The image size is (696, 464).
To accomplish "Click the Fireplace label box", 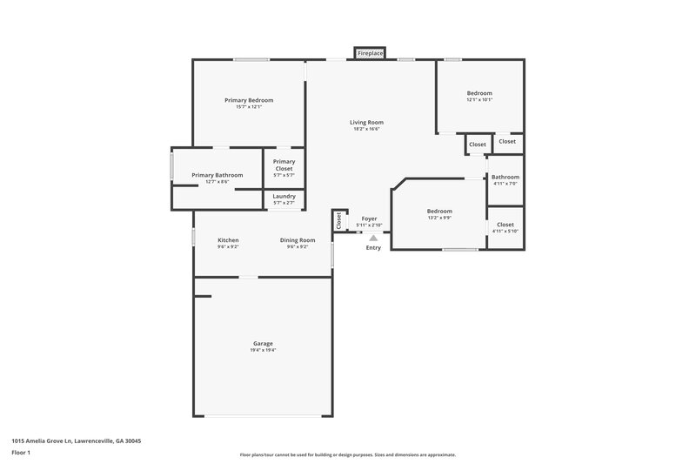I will click(x=371, y=54).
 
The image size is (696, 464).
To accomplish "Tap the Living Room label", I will click(x=367, y=123).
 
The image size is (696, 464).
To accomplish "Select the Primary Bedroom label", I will click(x=248, y=100).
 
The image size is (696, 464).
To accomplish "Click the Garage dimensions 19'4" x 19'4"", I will click(x=263, y=350).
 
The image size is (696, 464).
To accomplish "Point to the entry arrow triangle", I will click(x=373, y=236).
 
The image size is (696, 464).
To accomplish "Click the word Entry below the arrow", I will click(x=373, y=248).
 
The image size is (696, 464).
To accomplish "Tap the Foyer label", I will click(x=370, y=219).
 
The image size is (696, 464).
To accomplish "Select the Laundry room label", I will click(x=284, y=197).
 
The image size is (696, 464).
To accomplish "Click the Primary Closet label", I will click(x=284, y=165).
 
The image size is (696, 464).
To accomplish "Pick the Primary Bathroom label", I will click(x=217, y=175).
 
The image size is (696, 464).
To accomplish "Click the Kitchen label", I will click(x=228, y=240).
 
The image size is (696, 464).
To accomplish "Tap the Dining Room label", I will click(x=298, y=240).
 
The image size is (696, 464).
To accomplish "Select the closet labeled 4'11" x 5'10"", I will click(x=505, y=231).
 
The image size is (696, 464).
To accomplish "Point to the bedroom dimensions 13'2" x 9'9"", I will click(x=439, y=218).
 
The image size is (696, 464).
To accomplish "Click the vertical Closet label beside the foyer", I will click(x=339, y=221).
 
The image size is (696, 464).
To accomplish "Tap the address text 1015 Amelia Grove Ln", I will click(x=77, y=441).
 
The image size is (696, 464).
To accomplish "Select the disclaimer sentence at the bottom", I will click(x=348, y=454).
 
